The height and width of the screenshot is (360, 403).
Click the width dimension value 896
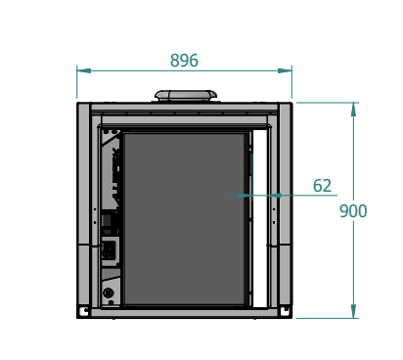coord(184,61)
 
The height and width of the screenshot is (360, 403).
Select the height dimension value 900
coord(353,211)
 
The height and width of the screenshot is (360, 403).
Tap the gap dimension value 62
coord(322,186)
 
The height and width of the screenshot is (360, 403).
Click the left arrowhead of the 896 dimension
coord(84,70)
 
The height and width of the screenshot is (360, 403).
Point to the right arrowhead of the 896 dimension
coord(285,70)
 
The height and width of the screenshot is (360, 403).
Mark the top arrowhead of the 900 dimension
coord(353,110)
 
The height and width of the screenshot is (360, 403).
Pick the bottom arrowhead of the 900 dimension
coord(353,311)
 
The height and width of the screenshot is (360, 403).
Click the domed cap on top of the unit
coord(186,96)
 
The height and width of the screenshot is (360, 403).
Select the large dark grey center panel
coord(184,219)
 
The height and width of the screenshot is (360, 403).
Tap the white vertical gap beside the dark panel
coord(260,218)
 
